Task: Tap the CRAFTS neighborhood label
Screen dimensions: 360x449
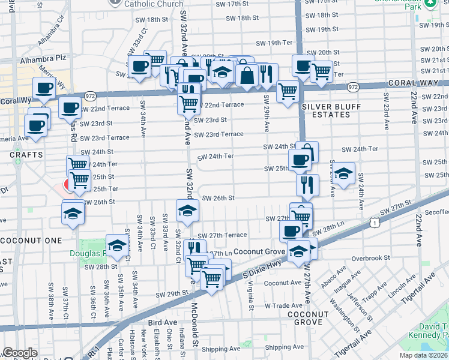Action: [x=27, y=155]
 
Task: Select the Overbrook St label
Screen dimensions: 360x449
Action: [x=371, y=258]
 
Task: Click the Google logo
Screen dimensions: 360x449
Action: [x=20, y=353]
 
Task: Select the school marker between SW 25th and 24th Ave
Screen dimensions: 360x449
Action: [x=343, y=173]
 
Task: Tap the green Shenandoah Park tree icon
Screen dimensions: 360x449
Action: [x=430, y=4]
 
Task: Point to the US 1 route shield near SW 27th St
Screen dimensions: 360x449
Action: [x=375, y=223]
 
